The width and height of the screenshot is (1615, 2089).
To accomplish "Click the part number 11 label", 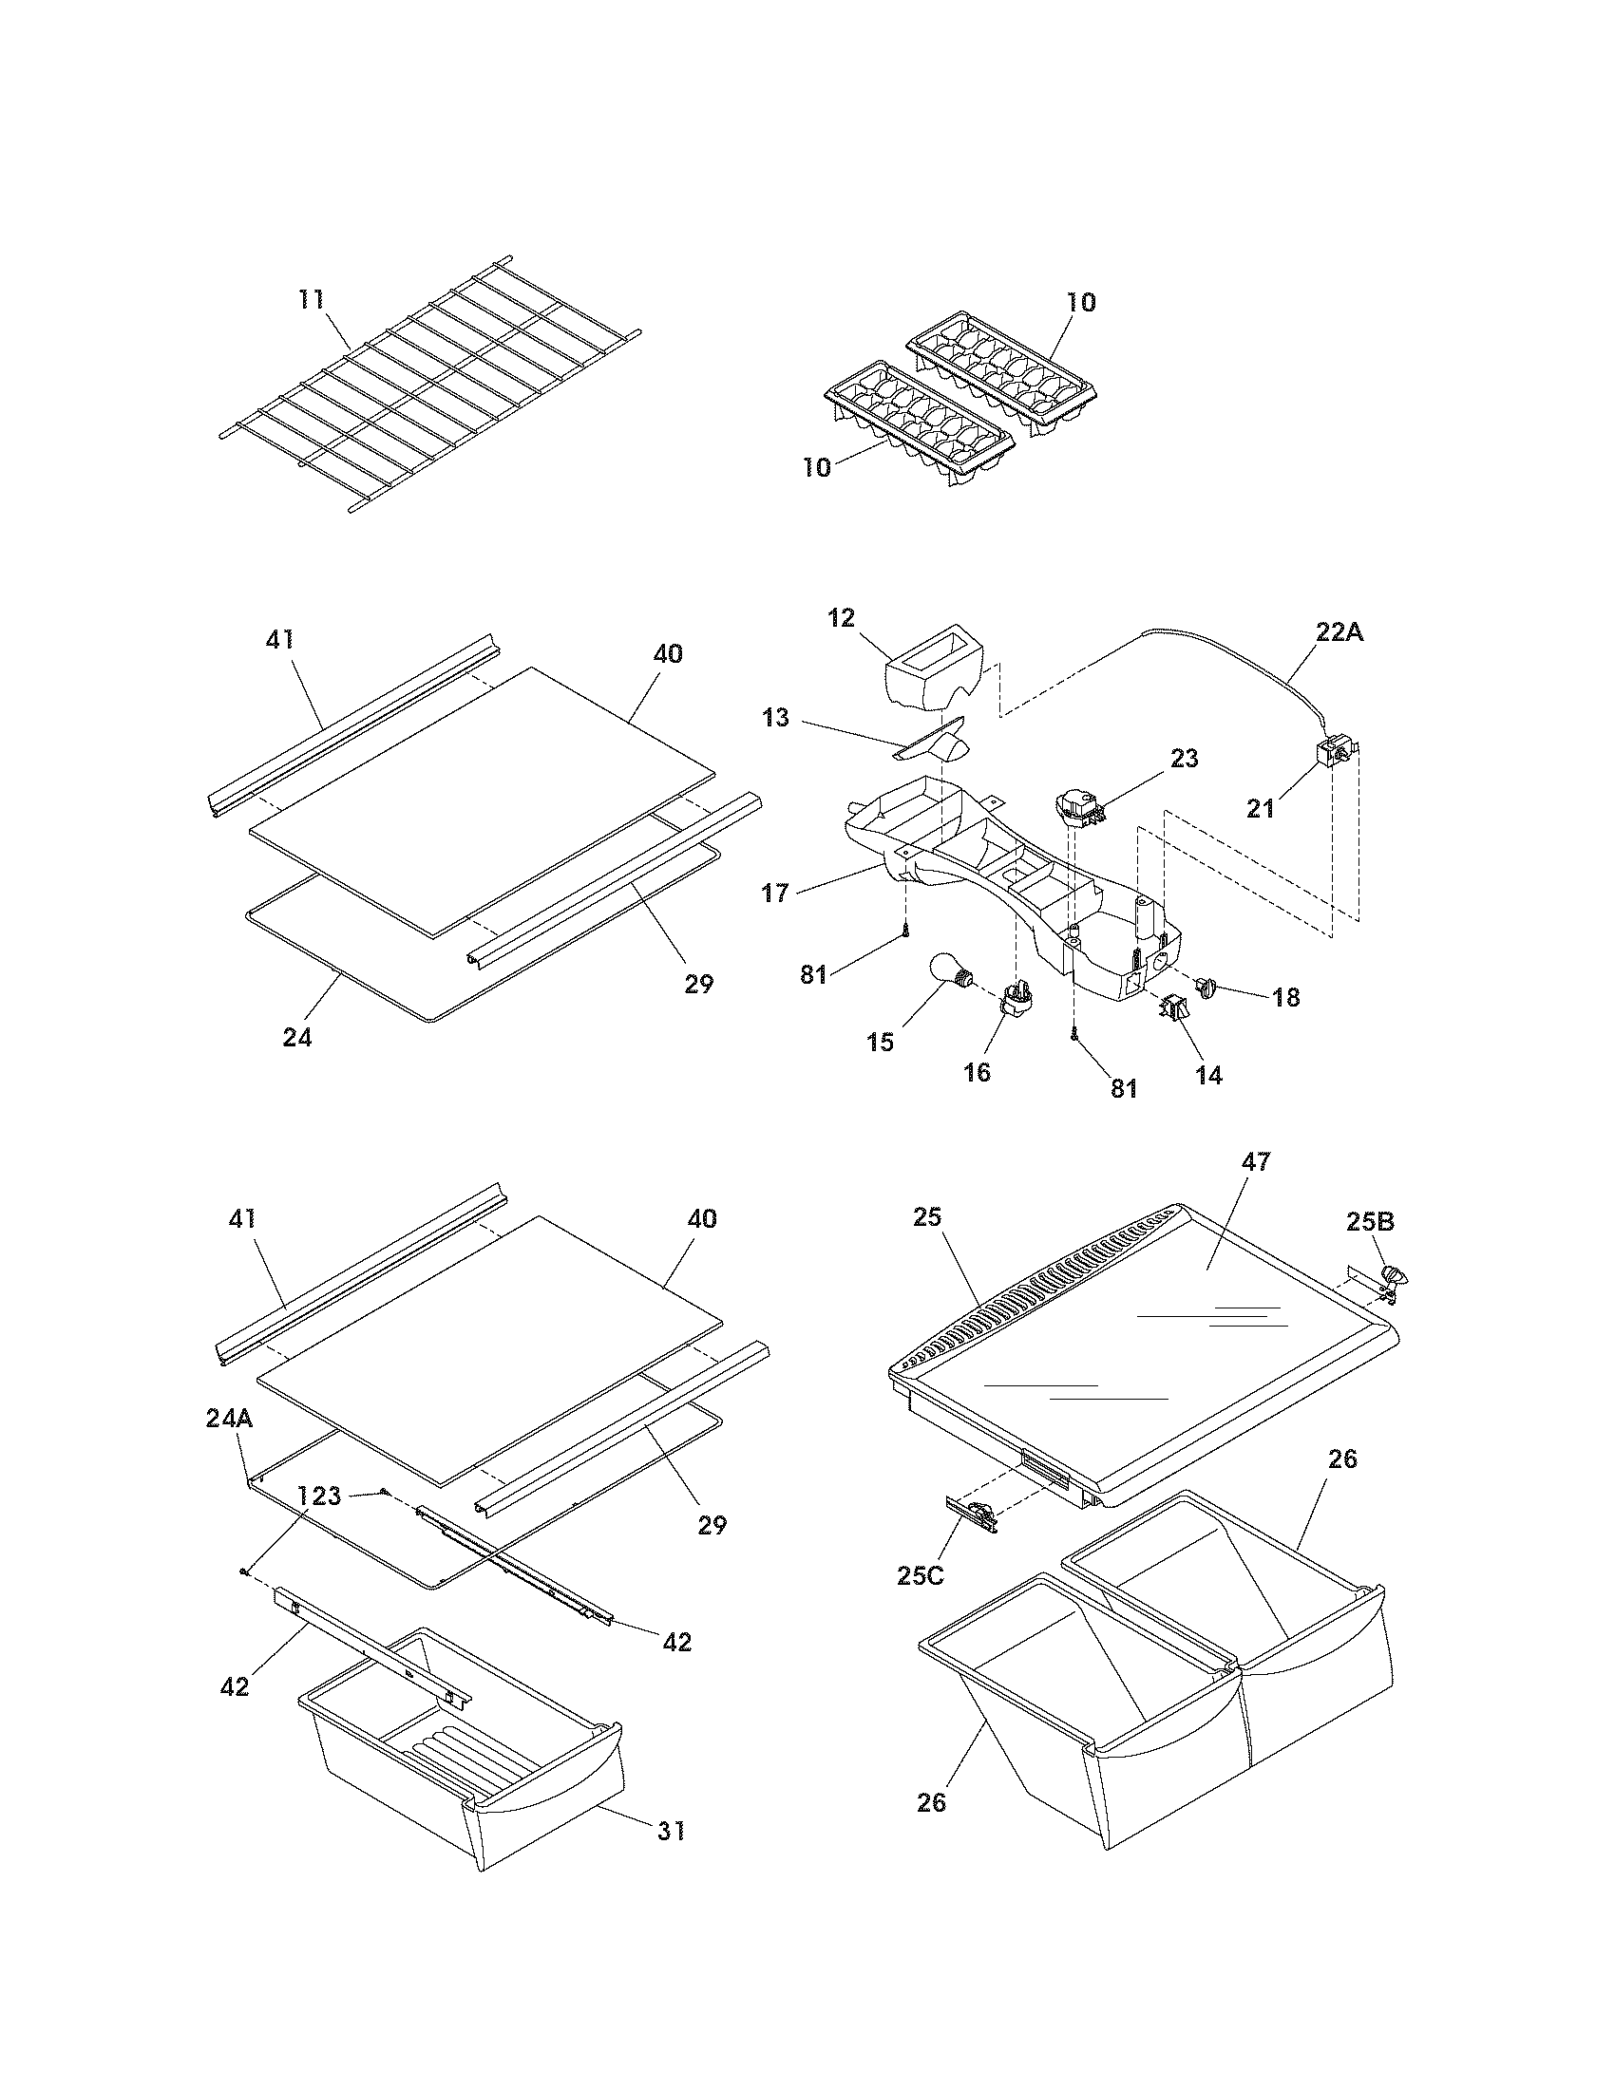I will point(310,299).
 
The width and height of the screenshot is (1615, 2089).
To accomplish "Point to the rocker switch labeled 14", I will point(1172,1009).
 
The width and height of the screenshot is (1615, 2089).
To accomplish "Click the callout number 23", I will point(1184,759).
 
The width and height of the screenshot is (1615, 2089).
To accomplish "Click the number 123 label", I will point(319,1496).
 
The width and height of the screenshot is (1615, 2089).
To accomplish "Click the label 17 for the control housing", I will point(776,893).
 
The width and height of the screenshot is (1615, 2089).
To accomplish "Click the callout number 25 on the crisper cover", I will point(927,1217).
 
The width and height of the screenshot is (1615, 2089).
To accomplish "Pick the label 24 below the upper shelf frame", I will point(296,1037).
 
